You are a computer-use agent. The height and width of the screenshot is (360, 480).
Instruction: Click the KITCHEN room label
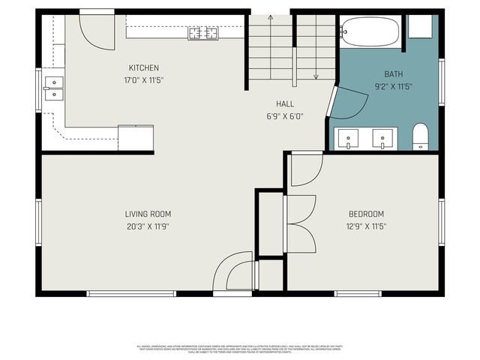click(x=143, y=68)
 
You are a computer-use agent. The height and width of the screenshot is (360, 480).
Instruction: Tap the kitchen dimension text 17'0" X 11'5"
click(x=143, y=79)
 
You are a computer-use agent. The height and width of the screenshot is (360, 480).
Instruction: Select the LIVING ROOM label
click(x=148, y=214)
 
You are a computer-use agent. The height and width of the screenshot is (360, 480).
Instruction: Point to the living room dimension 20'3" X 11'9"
click(x=148, y=226)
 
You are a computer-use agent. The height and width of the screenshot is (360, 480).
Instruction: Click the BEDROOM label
click(x=366, y=214)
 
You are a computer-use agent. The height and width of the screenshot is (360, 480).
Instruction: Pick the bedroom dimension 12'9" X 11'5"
click(x=366, y=226)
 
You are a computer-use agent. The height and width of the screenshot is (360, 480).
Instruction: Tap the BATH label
click(x=393, y=74)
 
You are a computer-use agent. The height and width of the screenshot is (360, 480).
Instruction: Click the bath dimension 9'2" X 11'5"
click(x=393, y=86)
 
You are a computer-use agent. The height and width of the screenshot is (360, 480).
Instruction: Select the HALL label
click(x=285, y=104)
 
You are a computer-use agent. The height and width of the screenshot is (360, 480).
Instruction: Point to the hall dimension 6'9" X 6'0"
click(x=285, y=116)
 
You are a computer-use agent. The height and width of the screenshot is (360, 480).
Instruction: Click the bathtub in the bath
click(x=369, y=31)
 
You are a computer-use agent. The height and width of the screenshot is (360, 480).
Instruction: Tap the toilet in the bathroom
click(x=420, y=136)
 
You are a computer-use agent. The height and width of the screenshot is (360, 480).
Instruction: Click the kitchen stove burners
click(x=203, y=32)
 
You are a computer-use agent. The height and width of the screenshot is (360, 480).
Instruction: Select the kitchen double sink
click(x=52, y=88)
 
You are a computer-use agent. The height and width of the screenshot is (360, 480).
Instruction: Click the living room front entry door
click(x=234, y=274)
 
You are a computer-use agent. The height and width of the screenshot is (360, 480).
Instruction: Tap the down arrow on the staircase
click(x=316, y=75)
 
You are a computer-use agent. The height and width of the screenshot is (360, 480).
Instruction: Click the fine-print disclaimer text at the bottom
click(x=240, y=349)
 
